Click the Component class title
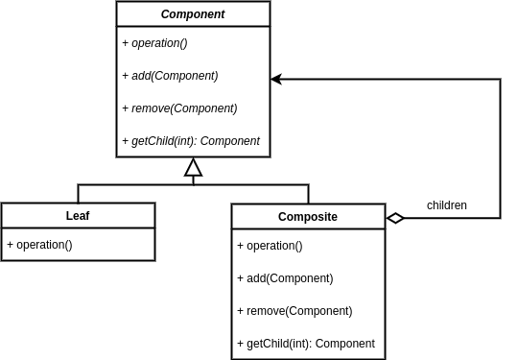click(x=193, y=14)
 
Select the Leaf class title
click(x=78, y=216)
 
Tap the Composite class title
click(x=308, y=217)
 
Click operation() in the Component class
click(x=159, y=43)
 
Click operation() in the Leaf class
click(x=44, y=245)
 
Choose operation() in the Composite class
click(x=274, y=246)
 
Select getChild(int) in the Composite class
click(x=278, y=344)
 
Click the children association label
click(x=446, y=205)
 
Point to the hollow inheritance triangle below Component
click(x=194, y=169)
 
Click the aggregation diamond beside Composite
click(x=395, y=218)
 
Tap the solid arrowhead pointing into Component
click(x=276, y=80)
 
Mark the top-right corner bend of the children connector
click(x=500, y=80)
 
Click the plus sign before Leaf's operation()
click(x=11, y=245)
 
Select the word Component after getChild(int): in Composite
click(x=345, y=344)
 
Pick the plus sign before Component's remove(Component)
click(x=126, y=108)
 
